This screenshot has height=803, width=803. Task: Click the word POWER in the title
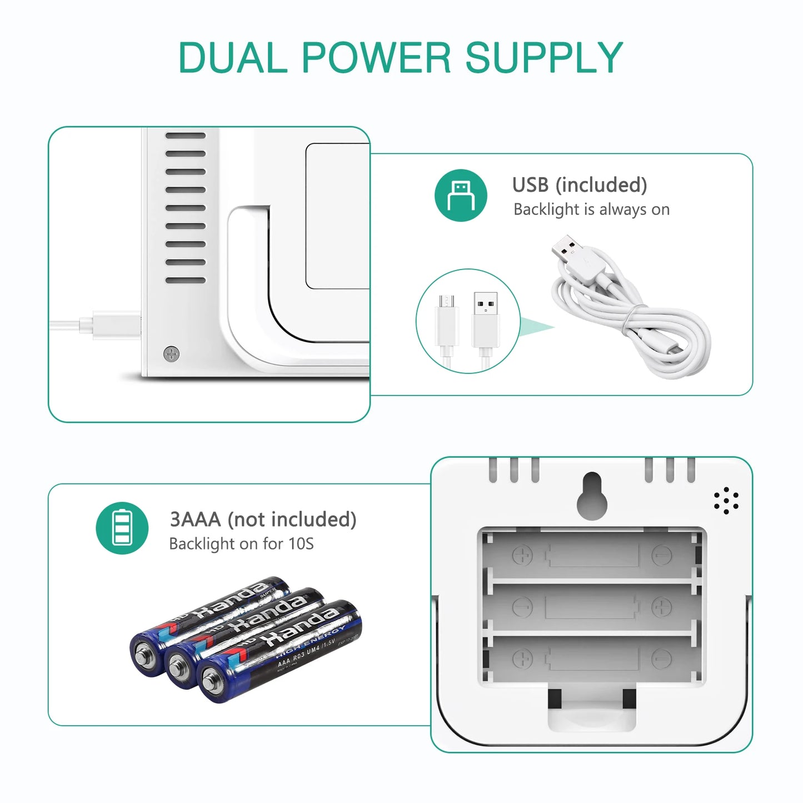point(376,57)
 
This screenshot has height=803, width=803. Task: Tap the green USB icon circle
point(461,195)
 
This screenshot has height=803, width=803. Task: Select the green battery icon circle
point(122,528)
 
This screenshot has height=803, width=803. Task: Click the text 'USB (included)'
point(580,184)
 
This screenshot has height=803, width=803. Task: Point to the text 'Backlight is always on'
point(591,210)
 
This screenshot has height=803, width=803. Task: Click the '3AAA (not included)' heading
point(263,519)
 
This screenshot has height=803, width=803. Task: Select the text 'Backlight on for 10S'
point(241,543)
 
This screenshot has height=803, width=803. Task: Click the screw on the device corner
point(172,353)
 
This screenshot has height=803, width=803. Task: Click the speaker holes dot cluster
point(726,501)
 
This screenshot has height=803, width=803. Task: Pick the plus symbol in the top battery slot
point(522,555)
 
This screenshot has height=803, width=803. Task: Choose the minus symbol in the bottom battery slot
point(661,658)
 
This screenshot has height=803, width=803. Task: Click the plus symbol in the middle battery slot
point(661,607)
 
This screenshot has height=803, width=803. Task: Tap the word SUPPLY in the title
point(544,57)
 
